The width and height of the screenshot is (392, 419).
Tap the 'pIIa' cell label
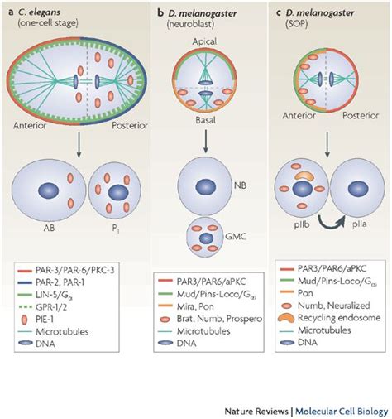tap(341, 223)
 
